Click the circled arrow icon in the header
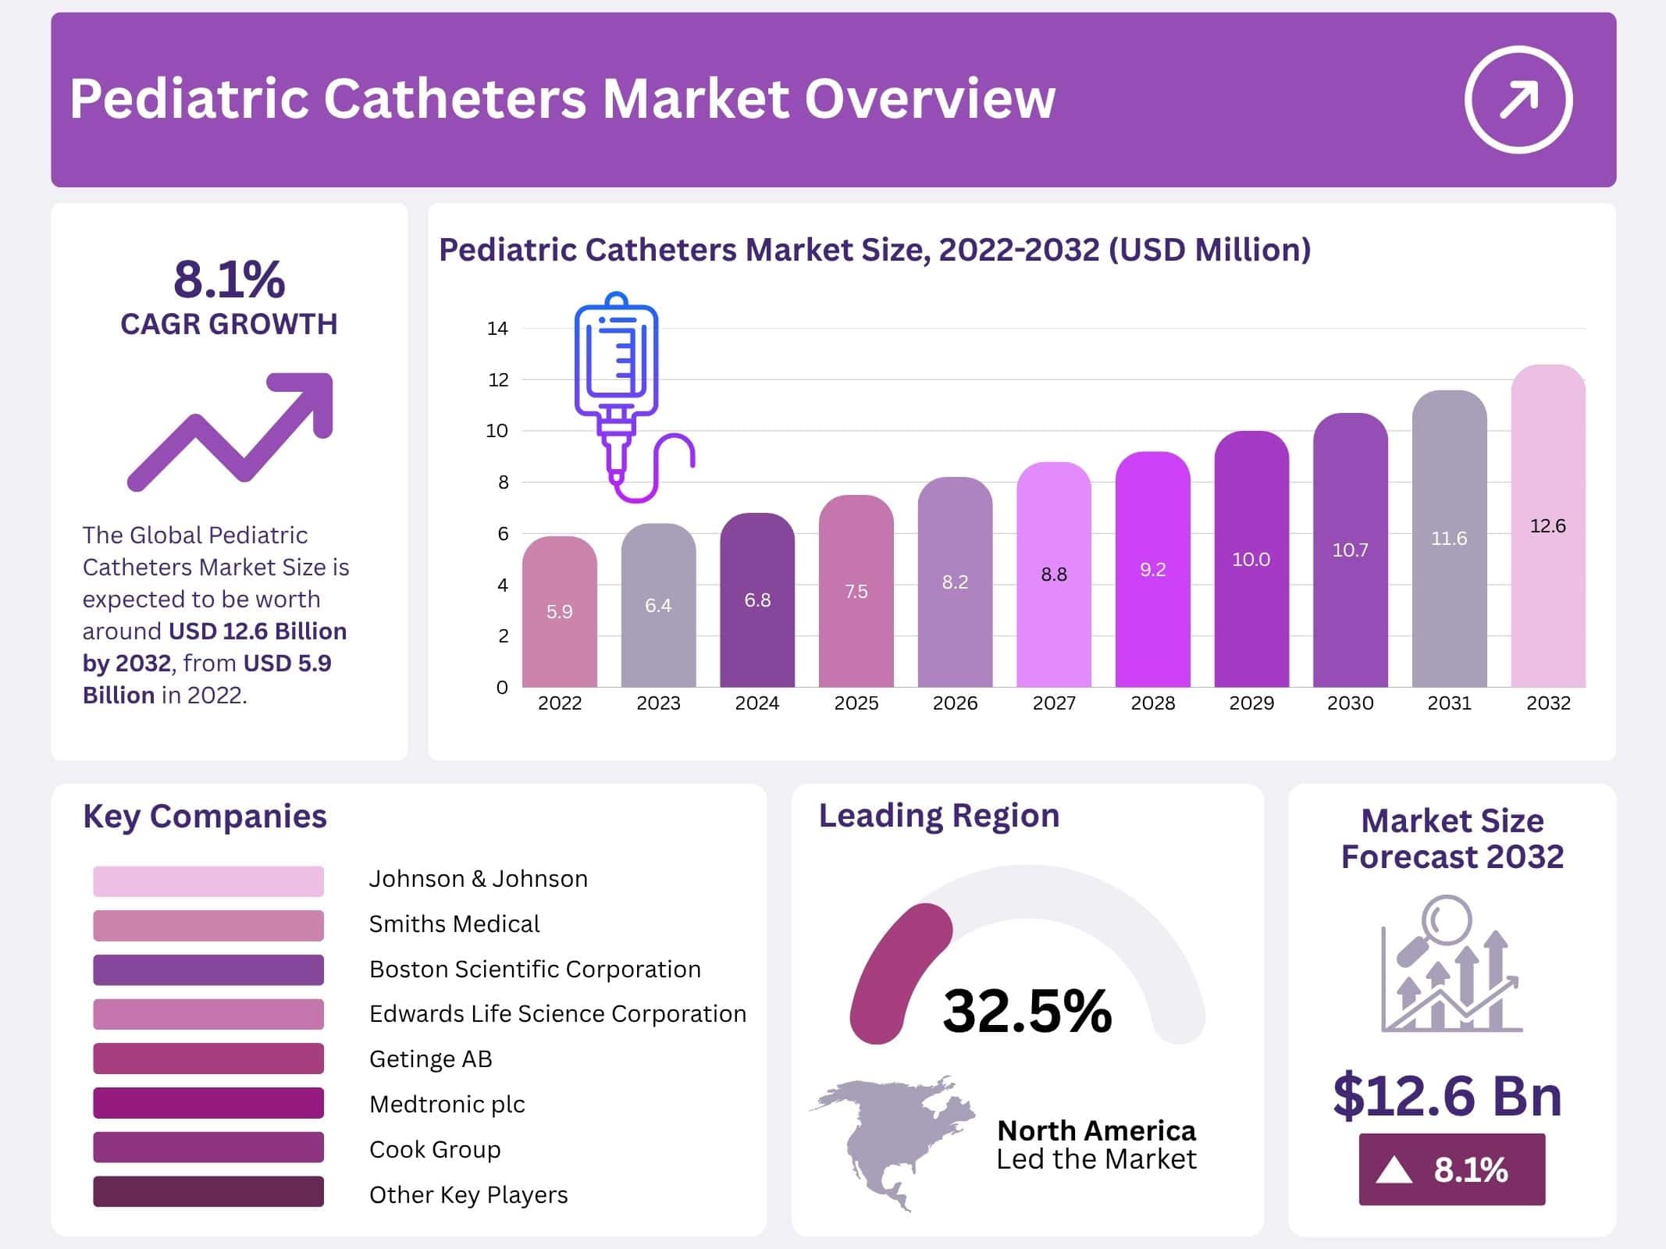click(1518, 99)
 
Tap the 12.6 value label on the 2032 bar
click(1547, 525)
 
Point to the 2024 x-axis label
click(756, 703)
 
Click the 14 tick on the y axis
click(497, 329)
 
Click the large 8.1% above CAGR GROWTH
click(229, 279)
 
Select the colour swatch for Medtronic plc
click(208, 1102)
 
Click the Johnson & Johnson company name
click(478, 879)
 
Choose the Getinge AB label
click(430, 1059)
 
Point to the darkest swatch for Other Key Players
click(208, 1191)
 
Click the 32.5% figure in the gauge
click(1027, 1011)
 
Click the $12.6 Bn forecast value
click(1447, 1096)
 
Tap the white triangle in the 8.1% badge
click(1394, 1170)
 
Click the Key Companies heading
click(205, 817)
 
